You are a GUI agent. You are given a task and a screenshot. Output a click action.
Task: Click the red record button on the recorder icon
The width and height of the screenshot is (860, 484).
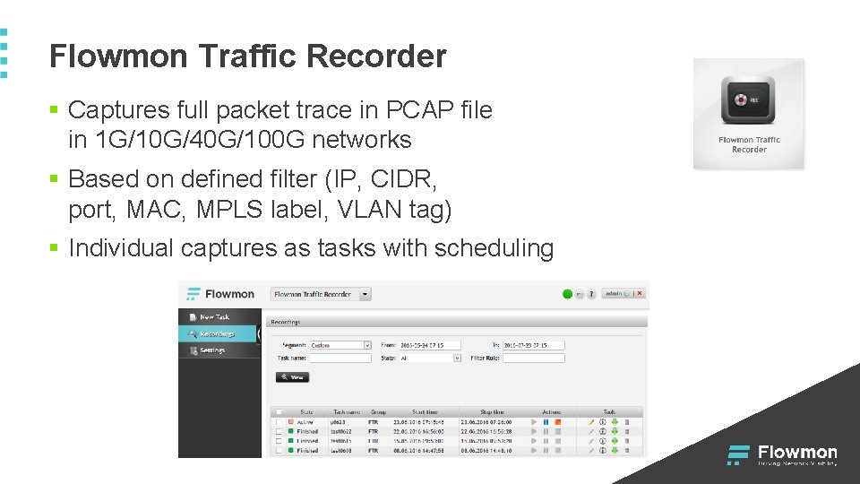click(x=740, y=100)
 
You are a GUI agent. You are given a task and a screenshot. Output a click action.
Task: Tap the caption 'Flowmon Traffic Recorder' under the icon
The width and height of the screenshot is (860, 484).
click(x=749, y=144)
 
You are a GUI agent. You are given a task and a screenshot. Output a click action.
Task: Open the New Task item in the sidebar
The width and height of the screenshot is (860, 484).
click(x=214, y=316)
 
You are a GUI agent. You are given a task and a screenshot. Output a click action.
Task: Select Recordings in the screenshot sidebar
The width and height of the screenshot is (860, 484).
click(x=217, y=333)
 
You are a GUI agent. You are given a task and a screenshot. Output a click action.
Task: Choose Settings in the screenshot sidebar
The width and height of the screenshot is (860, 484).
click(x=212, y=350)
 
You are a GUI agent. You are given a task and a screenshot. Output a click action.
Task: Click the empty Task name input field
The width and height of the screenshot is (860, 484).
click(x=340, y=358)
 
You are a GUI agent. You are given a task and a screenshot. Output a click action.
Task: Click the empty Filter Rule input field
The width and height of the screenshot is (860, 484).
click(x=534, y=358)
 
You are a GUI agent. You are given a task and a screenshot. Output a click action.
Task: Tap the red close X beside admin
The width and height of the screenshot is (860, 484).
click(x=640, y=293)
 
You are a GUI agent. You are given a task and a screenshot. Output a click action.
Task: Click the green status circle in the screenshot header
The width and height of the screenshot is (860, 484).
click(x=567, y=293)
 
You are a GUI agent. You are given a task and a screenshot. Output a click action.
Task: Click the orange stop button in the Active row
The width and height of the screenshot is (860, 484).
click(x=557, y=421)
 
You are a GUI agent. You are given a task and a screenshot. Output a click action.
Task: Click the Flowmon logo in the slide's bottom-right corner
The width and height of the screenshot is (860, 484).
click(x=782, y=454)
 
